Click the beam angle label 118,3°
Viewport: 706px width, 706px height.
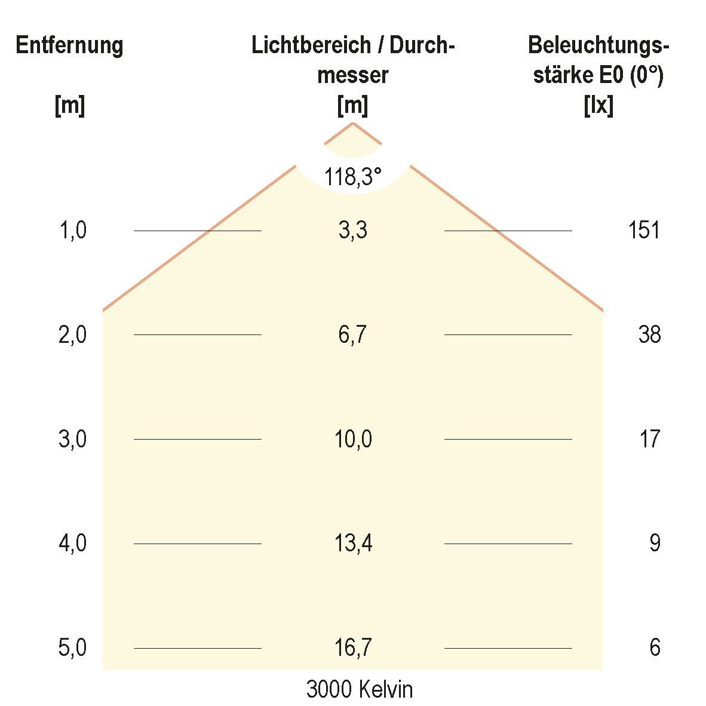click(x=352, y=177)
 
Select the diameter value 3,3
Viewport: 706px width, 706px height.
click(x=352, y=231)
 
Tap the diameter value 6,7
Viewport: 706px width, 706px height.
click(x=352, y=335)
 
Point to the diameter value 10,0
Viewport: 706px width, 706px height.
click(x=352, y=440)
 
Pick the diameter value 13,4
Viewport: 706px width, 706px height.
click(x=352, y=544)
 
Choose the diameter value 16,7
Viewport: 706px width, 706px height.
click(x=352, y=647)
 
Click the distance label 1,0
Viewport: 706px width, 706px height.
click(x=72, y=231)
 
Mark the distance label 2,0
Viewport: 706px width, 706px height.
click(x=72, y=335)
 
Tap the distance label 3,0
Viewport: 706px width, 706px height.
click(x=72, y=440)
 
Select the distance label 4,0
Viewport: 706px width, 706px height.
click(x=72, y=544)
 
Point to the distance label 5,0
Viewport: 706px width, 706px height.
click(x=72, y=647)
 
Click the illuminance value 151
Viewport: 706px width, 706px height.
click(x=643, y=231)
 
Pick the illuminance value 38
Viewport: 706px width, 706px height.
click(x=649, y=335)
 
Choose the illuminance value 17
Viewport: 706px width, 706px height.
click(x=649, y=440)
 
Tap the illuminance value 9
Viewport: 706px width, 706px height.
click(x=655, y=544)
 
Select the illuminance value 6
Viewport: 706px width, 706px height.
click(x=655, y=647)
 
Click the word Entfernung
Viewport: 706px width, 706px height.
click(x=69, y=46)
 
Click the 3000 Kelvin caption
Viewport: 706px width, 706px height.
click(x=359, y=690)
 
